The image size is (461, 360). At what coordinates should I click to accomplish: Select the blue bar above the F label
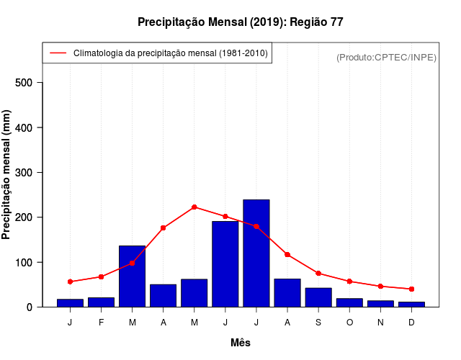[x=101, y=302]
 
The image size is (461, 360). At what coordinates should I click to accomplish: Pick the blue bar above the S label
[x=318, y=297]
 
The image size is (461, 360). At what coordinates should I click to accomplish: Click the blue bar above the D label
[x=411, y=304]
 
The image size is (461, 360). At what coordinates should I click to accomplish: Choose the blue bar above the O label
[x=349, y=302]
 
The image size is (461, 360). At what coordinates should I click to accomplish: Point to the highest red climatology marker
[x=194, y=207]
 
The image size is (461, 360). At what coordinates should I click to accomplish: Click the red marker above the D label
[x=411, y=289]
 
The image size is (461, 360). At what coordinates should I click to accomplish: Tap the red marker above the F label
[x=101, y=276]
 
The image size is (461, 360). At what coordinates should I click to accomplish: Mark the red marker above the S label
[x=318, y=273]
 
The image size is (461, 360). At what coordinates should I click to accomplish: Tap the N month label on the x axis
[x=380, y=323]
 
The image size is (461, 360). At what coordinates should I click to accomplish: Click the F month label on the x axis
[x=101, y=323]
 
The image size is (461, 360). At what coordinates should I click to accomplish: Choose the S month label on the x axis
[x=318, y=323]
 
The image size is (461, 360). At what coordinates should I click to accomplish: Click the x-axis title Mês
[x=241, y=343]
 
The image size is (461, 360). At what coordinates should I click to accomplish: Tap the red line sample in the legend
[x=58, y=53]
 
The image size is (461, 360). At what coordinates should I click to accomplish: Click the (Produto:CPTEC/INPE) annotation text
[x=387, y=57]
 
